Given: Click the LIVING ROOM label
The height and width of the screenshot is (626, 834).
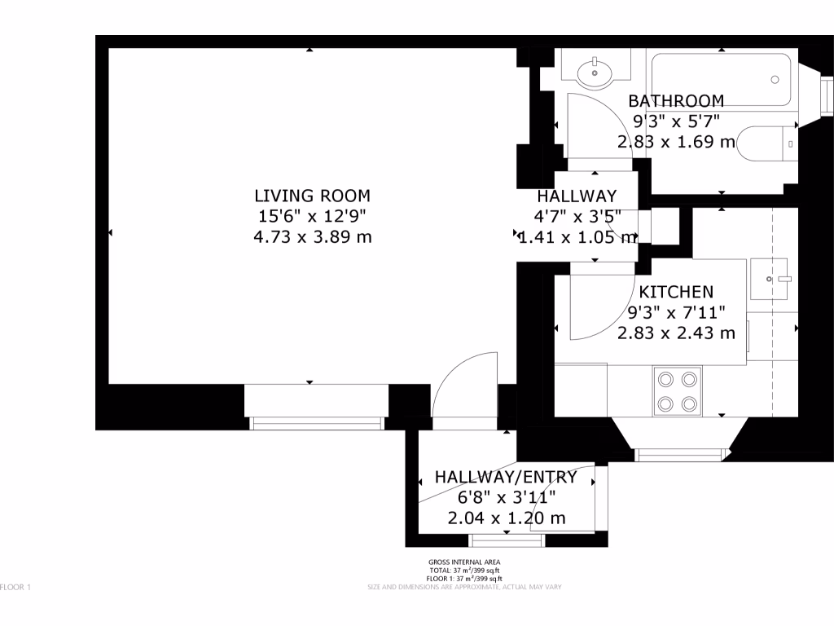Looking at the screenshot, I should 312,196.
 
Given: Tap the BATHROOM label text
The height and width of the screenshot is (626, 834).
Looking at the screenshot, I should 676,101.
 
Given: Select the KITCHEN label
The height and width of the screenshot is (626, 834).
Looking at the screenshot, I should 676,292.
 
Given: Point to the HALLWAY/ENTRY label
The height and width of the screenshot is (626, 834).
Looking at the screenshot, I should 506,478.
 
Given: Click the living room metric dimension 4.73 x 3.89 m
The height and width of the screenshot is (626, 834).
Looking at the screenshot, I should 312,237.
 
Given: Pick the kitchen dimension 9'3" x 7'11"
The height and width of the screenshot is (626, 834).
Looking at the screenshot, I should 676,312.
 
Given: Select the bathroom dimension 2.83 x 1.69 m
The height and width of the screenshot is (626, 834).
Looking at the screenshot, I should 676,142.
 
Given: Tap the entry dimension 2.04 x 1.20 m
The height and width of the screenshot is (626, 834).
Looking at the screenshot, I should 506,518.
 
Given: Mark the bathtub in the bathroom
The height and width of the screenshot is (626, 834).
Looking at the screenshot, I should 720,79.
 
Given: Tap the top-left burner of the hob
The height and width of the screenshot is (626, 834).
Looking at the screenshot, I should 665,379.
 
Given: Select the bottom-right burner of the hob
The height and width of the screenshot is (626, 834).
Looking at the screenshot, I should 690,403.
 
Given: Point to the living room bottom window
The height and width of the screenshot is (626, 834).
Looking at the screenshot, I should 315,422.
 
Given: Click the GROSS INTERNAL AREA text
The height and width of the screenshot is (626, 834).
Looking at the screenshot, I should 464,562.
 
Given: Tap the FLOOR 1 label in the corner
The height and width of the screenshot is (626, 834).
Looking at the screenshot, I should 15,587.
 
